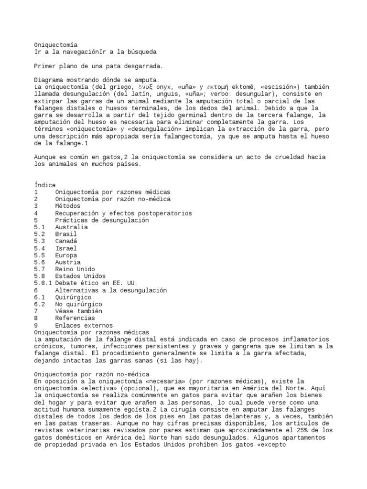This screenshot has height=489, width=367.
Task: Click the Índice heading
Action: (45, 185)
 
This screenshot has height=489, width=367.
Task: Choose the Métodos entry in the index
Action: (68, 206)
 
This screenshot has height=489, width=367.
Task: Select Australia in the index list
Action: (71, 227)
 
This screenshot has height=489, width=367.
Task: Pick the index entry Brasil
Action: (66, 234)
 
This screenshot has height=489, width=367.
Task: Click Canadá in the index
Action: (66, 241)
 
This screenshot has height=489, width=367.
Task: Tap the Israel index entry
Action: (66, 248)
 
